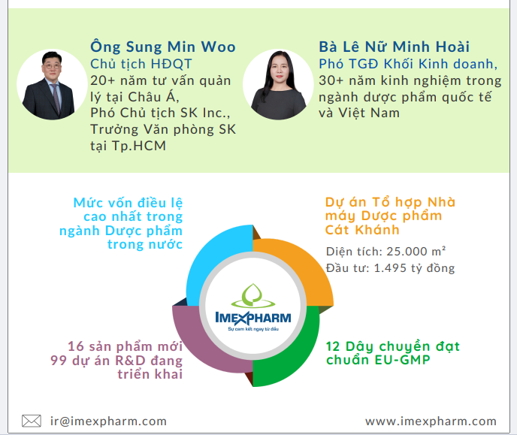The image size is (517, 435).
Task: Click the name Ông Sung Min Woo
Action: (163, 47)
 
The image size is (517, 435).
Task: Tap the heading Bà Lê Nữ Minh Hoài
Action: (394, 47)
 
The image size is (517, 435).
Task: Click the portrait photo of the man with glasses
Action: (52, 84)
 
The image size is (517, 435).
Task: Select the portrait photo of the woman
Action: (278, 84)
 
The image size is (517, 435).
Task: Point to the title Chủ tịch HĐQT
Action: (141, 64)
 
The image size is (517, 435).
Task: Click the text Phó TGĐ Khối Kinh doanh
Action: (408, 64)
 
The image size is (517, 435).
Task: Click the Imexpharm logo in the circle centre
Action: (253, 307)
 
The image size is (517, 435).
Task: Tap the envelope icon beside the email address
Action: (32, 421)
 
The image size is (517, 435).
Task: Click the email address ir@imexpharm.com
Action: (108, 421)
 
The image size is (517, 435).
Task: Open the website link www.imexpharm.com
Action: (431, 421)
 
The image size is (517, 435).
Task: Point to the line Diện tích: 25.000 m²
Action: (385, 252)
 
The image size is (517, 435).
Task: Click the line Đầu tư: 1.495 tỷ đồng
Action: (391, 268)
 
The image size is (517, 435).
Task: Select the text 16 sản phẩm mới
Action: (125, 346)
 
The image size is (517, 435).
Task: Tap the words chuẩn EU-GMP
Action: (378, 360)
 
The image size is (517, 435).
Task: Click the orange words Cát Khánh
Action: (362, 230)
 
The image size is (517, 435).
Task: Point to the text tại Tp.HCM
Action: (128, 146)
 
